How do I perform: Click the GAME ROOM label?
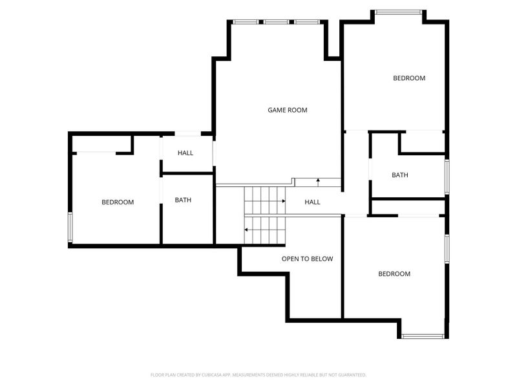coord(288,110)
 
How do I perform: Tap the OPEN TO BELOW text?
coord(307,259)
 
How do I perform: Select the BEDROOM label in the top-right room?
coord(409,78)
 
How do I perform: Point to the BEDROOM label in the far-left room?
coord(118,202)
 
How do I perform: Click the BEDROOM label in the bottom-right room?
coord(394,274)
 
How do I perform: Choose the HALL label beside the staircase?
coord(312,202)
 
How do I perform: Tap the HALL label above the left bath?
coord(185,153)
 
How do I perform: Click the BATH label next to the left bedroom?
coord(183,200)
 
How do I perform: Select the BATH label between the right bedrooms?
coord(400,175)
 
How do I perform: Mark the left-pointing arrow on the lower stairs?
coord(247,229)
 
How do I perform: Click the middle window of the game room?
coord(276,22)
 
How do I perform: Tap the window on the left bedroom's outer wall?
coord(70,227)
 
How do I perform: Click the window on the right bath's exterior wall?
coord(447,177)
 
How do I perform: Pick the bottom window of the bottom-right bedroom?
coord(422,336)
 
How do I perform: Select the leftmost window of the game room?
coord(245,22)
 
